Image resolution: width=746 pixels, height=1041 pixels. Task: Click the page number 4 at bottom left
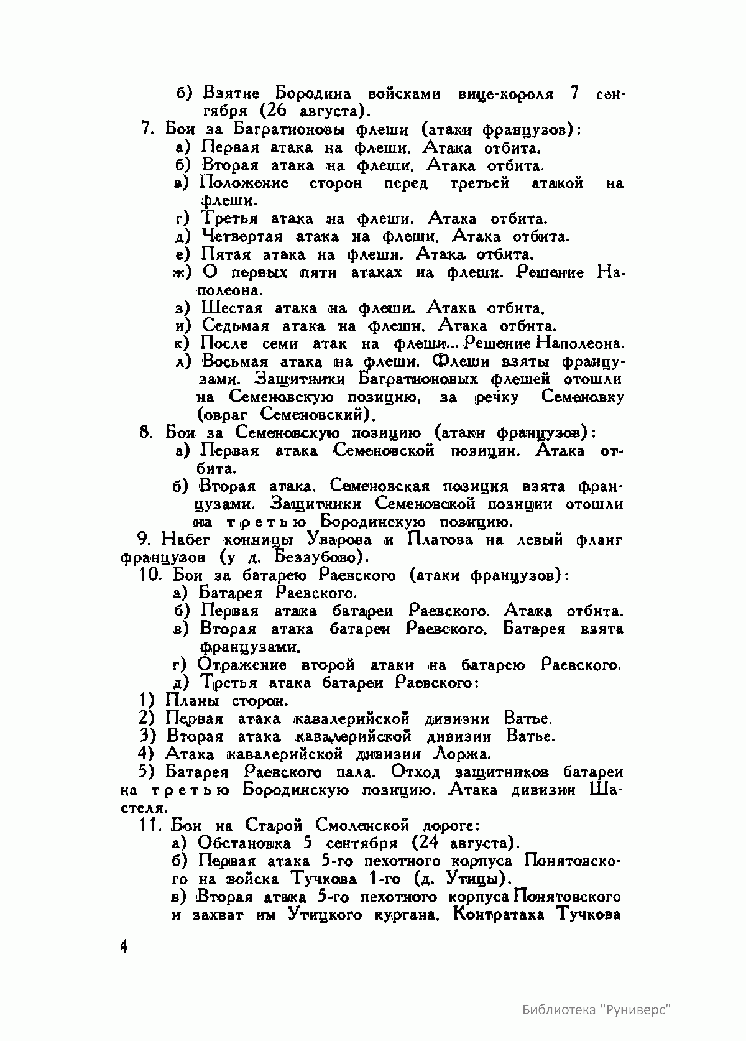click(124, 947)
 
